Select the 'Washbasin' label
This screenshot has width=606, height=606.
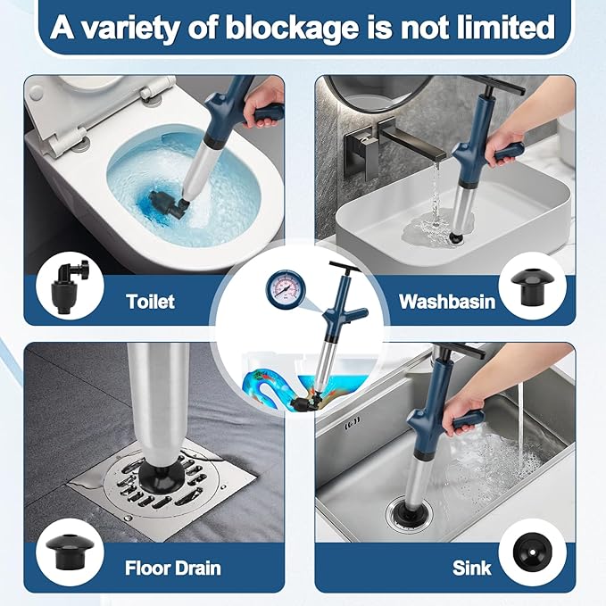click(x=445, y=302)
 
